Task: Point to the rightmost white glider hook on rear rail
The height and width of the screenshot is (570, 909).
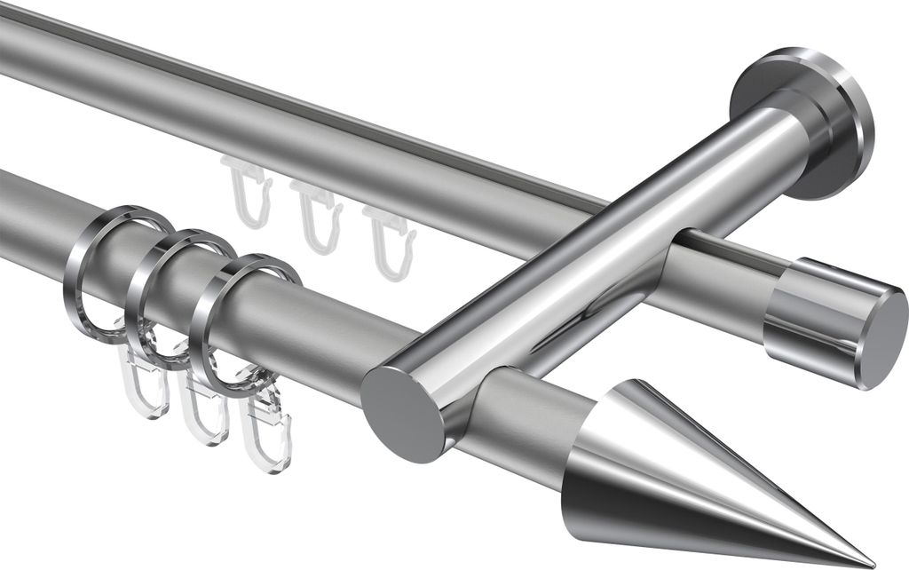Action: point(389,240)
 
